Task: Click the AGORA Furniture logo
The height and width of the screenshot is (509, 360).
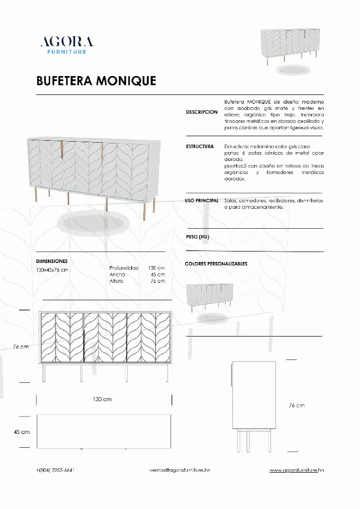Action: coord(66,45)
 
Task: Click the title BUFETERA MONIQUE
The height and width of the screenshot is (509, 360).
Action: coord(96,81)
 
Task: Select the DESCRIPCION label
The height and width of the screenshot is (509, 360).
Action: coord(201,112)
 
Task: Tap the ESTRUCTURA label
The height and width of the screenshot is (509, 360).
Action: coord(200,147)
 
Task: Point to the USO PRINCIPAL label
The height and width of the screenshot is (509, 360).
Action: coord(201,200)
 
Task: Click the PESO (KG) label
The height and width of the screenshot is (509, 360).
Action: coord(197,237)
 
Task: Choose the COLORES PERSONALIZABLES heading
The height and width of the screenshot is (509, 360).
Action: coord(216,264)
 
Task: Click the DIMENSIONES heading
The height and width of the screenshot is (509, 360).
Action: coord(52,261)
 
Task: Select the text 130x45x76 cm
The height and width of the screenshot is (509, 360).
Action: coord(52,270)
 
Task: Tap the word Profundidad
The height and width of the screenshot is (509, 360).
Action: coord(124,268)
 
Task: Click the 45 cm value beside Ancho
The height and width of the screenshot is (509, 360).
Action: coord(158,274)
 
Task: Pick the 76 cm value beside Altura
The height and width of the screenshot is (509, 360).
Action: coord(158,281)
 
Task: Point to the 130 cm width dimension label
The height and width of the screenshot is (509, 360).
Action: coord(102,400)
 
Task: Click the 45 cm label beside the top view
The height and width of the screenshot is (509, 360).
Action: coord(22,432)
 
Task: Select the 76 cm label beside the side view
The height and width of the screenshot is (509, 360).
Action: coord(297,406)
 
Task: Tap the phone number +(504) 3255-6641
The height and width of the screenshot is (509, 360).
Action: coord(55,470)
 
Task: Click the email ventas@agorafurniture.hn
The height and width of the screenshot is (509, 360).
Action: coord(180,470)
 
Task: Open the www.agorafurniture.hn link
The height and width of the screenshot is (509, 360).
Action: coord(297,470)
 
